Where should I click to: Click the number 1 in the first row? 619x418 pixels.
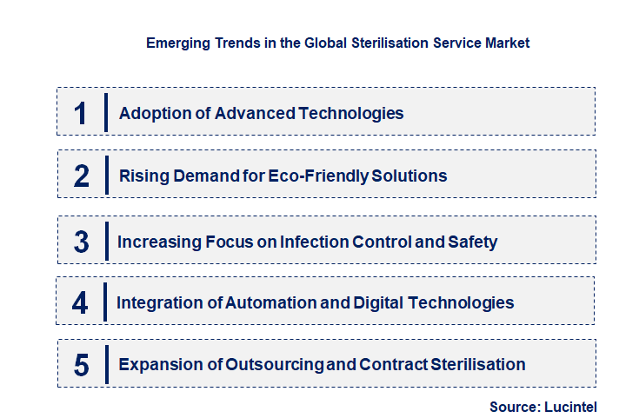click(81, 113)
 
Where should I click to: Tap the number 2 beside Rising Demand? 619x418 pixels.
click(82, 176)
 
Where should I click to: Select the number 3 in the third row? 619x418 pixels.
click(82, 242)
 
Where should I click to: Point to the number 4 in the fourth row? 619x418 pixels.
click(81, 303)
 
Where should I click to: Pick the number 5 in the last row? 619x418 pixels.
click(82, 365)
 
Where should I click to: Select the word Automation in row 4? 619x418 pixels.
click(271, 303)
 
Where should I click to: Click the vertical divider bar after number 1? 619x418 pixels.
click(105, 112)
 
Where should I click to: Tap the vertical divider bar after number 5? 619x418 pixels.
click(105, 364)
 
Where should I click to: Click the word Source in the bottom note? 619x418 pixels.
click(515, 406)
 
